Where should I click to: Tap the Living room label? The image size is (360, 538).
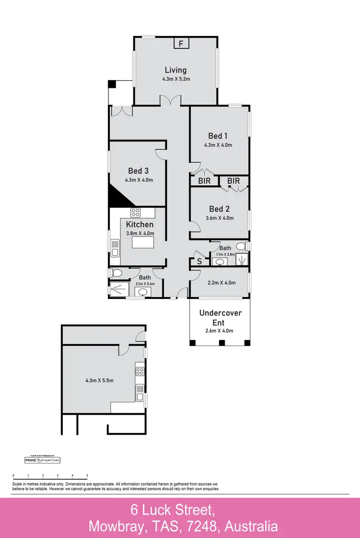click(x=176, y=70)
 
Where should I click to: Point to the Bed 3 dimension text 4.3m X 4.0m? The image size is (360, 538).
click(x=139, y=180)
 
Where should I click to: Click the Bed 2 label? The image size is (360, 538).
click(x=219, y=209)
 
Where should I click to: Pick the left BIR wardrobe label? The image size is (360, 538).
click(x=204, y=181)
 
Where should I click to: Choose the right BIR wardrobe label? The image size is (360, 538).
click(x=234, y=181)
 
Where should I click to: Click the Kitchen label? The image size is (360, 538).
click(x=140, y=225)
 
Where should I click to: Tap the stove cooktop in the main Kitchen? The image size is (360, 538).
click(x=135, y=213)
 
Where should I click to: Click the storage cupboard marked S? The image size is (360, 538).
click(x=200, y=262)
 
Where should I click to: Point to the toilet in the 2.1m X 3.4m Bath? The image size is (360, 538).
click(x=115, y=273)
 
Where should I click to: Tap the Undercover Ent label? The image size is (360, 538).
click(x=220, y=318)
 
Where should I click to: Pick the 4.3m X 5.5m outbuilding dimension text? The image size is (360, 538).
click(x=99, y=381)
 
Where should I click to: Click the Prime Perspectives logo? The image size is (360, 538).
click(x=42, y=460)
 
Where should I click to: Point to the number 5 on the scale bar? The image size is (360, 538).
click(x=87, y=475)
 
